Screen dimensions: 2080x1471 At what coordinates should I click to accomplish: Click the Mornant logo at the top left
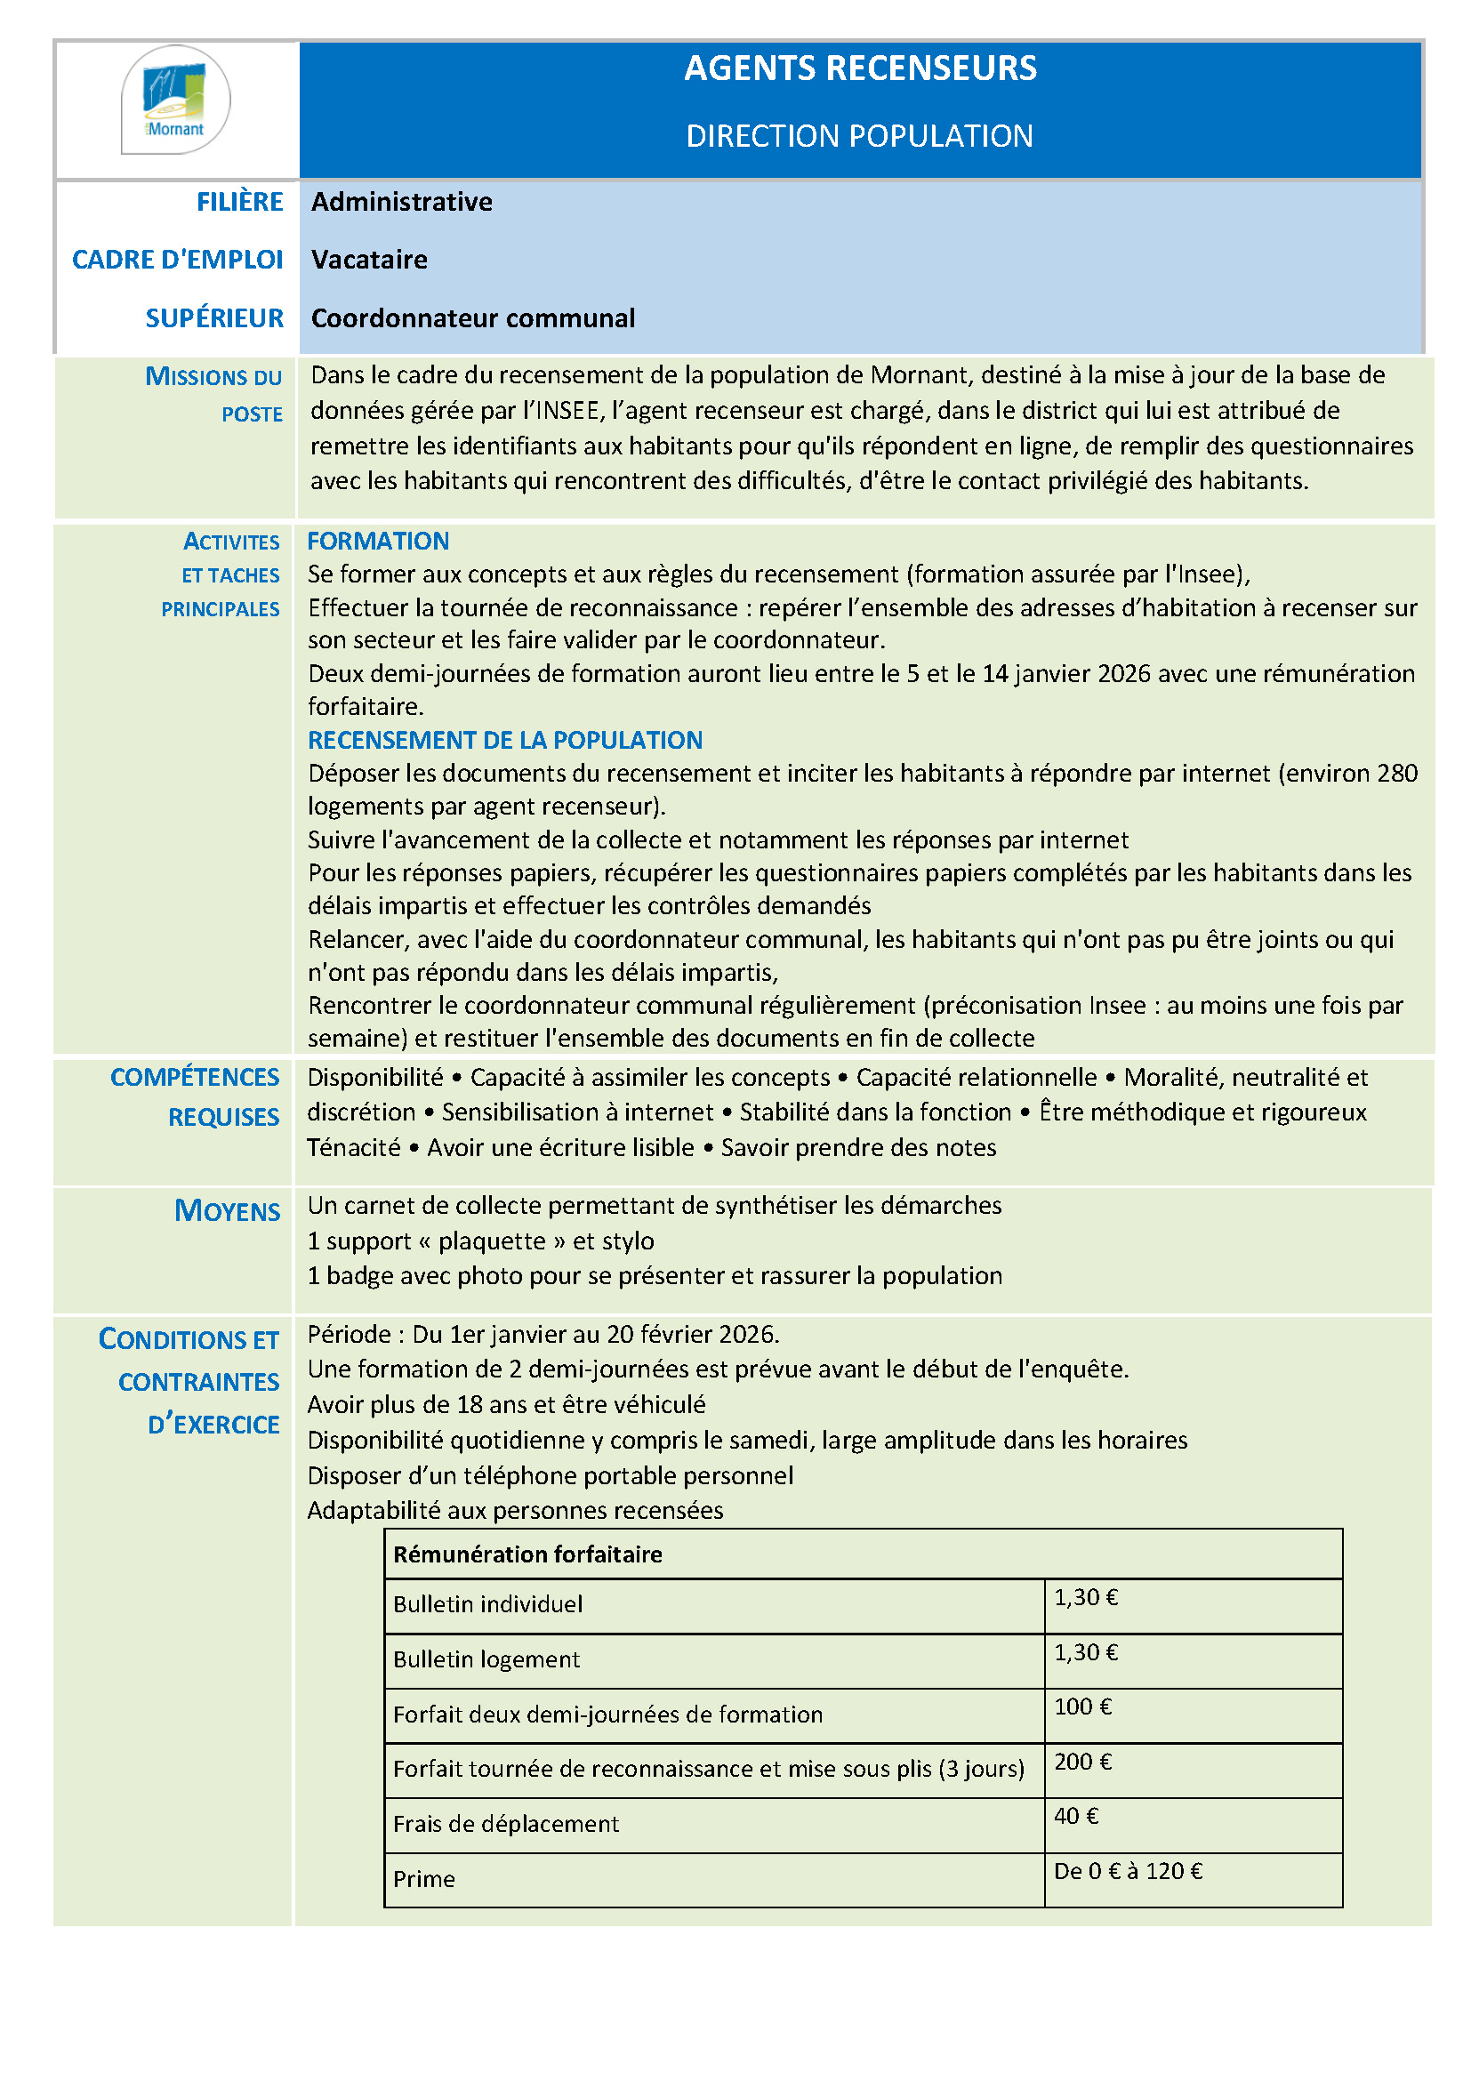click(x=176, y=100)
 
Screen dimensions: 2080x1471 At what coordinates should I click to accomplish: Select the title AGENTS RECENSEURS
click(x=860, y=68)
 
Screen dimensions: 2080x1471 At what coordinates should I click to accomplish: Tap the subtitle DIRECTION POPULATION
click(x=859, y=136)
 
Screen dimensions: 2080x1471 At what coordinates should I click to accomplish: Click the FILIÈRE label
click(x=239, y=202)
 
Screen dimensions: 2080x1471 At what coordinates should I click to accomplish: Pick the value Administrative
click(x=401, y=202)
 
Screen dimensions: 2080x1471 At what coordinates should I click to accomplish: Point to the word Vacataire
click(x=369, y=260)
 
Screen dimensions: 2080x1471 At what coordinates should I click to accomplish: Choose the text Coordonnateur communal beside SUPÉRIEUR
click(x=472, y=319)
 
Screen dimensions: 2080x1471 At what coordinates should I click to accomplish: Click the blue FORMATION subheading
click(x=378, y=541)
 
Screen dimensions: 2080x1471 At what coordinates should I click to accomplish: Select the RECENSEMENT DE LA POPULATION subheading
click(x=504, y=740)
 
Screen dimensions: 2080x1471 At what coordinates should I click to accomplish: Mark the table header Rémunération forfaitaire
click(x=527, y=1554)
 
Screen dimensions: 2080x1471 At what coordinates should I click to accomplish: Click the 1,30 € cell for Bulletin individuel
click(x=1085, y=1597)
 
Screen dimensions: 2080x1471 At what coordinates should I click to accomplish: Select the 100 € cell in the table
click(x=1081, y=1707)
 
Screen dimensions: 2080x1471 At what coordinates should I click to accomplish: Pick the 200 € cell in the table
click(x=1081, y=1761)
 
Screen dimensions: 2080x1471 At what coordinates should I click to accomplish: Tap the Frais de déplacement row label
click(x=505, y=1824)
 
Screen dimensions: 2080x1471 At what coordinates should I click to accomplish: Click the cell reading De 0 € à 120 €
click(x=1127, y=1871)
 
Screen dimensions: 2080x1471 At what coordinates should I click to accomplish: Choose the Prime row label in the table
click(x=423, y=1879)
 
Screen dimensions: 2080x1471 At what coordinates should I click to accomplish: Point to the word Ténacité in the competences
click(x=353, y=1148)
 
